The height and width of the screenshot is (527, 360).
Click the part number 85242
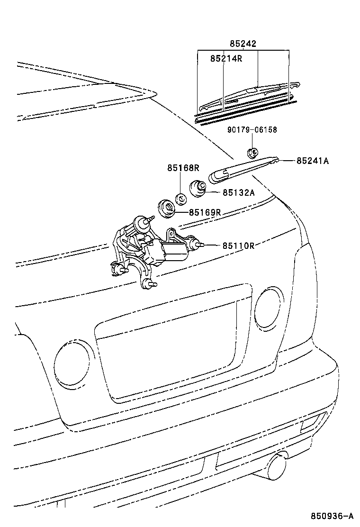click(x=243, y=44)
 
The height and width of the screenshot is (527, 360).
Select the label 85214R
click(x=226, y=58)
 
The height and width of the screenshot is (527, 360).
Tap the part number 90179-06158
click(x=252, y=129)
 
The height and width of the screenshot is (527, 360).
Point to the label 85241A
click(x=313, y=161)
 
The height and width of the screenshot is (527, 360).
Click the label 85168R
click(x=183, y=168)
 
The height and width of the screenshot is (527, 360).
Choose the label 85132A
click(x=239, y=192)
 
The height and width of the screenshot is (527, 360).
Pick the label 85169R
click(x=205, y=212)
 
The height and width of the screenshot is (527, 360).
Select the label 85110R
click(x=239, y=245)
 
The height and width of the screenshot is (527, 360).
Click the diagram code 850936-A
click(x=332, y=516)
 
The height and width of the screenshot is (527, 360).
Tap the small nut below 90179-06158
click(x=252, y=153)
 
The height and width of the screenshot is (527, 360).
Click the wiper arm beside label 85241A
click(x=242, y=169)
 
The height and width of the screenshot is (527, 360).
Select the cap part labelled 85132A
click(x=198, y=189)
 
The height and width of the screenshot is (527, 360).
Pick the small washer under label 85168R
click(x=180, y=198)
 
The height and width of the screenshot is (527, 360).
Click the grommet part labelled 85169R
click(x=165, y=208)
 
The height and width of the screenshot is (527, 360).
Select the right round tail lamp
click(x=268, y=307)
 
